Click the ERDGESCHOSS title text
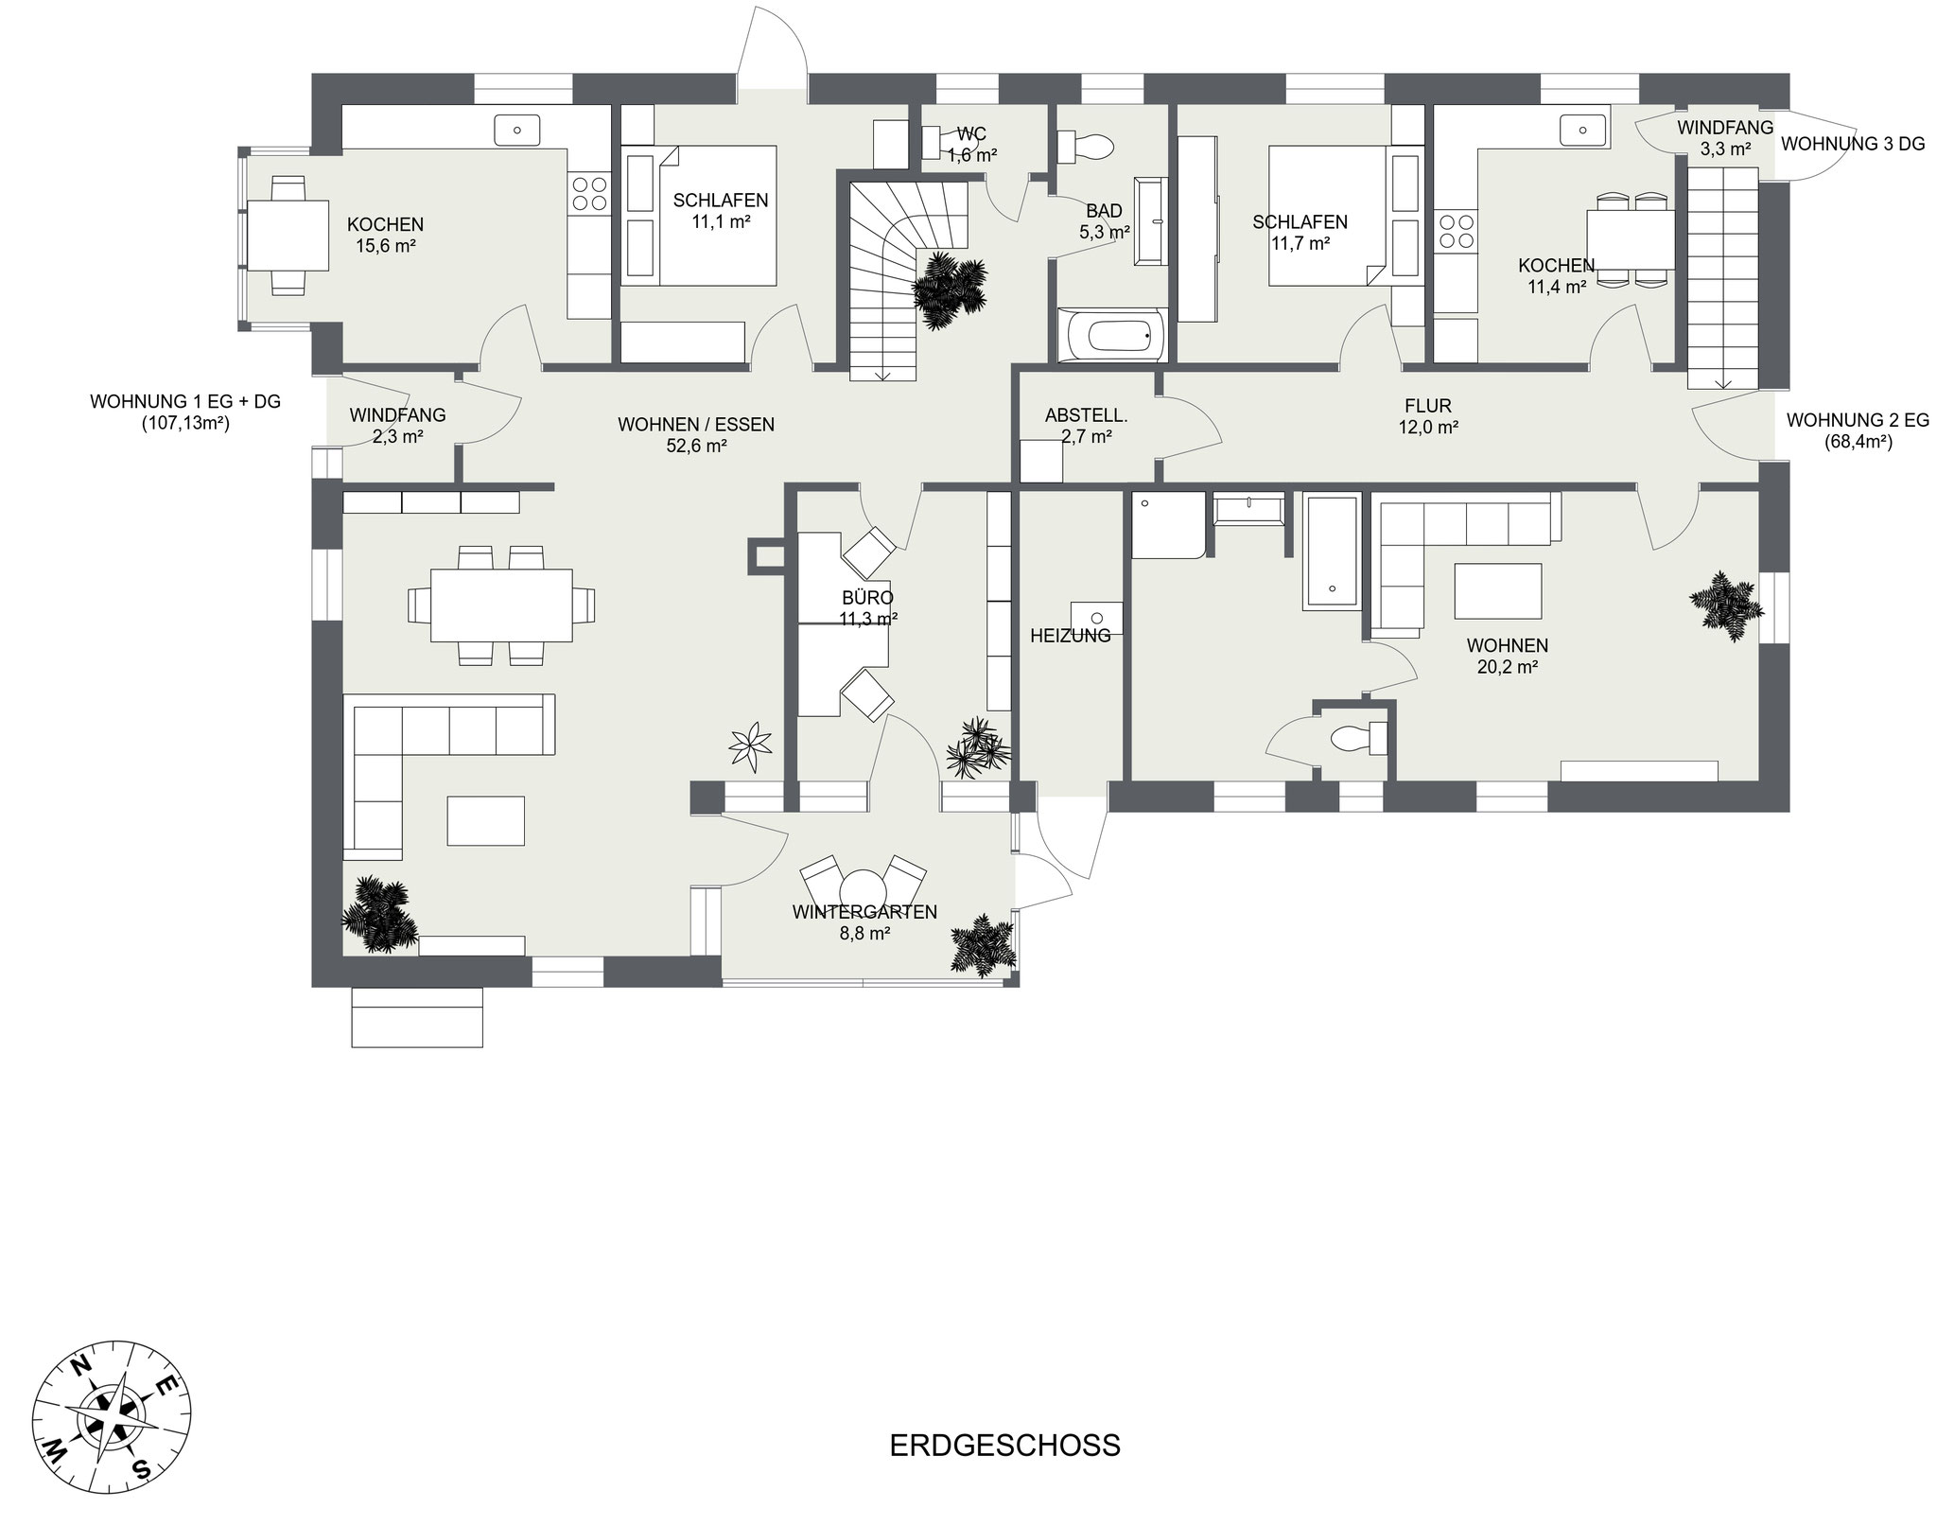[1004, 1446]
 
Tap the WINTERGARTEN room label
[864, 912]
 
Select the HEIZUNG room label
[1071, 636]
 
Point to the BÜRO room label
[867, 598]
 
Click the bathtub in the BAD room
[1111, 334]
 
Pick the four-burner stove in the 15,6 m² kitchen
[589, 194]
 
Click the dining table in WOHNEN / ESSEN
[501, 605]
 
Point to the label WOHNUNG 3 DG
[1853, 145]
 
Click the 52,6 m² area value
[696, 446]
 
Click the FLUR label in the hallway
[1428, 407]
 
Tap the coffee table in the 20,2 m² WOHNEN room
[1498, 589]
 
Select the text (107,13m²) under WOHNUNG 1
[185, 423]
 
